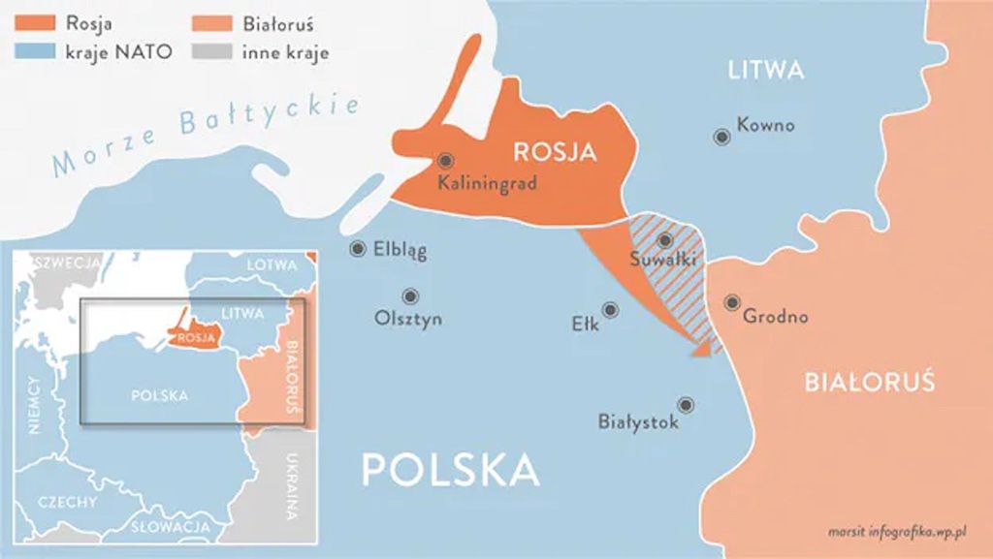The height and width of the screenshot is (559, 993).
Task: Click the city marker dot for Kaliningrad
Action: [x=445, y=161]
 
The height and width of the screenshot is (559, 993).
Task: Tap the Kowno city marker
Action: [x=721, y=138]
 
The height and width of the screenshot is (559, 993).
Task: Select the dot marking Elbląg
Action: [x=358, y=249]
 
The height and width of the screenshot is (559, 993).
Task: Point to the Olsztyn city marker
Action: [x=410, y=295]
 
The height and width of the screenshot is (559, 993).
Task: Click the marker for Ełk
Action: [x=610, y=310]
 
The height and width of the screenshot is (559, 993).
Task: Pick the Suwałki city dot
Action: [x=664, y=239]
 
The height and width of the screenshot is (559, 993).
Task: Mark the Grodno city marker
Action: [x=732, y=302]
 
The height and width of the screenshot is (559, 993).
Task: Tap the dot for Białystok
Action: [x=686, y=405]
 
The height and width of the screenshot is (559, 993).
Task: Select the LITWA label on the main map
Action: [x=766, y=70]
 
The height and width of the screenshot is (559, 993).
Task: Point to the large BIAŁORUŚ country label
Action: [x=869, y=382]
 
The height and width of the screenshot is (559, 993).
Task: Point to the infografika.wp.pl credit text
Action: [x=906, y=531]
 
